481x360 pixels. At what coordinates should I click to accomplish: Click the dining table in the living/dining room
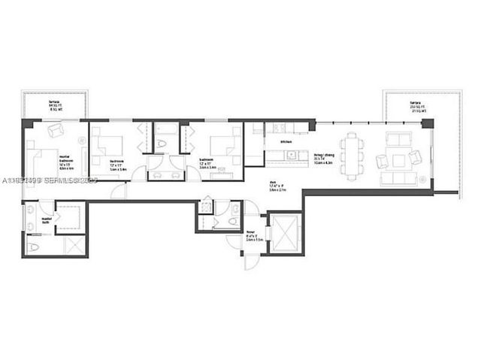click(x=352, y=153)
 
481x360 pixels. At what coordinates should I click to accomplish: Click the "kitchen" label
click(x=286, y=142)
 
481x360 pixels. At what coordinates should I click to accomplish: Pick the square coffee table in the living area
click(x=394, y=159)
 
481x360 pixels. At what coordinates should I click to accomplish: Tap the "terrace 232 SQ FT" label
click(x=415, y=104)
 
